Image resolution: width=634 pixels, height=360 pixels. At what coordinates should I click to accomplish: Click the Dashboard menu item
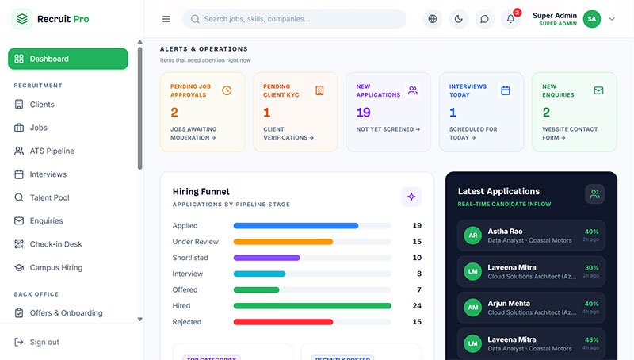(68, 59)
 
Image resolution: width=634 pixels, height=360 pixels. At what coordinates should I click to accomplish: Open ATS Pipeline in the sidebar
(44, 151)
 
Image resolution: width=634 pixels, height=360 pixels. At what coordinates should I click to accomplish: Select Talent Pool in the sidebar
(42, 197)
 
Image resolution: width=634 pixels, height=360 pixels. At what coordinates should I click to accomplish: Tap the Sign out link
(36, 342)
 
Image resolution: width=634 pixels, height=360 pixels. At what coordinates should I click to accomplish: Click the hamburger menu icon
(166, 19)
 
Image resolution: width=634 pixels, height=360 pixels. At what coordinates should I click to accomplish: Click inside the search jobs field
(294, 19)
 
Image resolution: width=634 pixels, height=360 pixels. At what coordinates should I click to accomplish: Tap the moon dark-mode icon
(459, 19)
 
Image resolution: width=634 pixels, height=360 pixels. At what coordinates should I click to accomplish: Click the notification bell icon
(510, 19)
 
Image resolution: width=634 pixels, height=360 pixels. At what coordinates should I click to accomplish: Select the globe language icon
(433, 19)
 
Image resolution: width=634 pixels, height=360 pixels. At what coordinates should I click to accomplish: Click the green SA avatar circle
(592, 19)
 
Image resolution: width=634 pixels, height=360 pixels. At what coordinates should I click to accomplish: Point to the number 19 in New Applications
(364, 113)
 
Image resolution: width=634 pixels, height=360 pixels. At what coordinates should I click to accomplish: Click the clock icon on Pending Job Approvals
(227, 90)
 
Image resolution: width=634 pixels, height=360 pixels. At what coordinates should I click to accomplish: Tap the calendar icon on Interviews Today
(506, 90)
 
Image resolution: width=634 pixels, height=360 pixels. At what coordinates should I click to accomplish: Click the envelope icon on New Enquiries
(598, 90)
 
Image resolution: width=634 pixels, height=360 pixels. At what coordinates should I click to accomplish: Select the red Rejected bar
(283, 322)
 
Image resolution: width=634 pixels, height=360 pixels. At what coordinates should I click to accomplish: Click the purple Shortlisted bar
(266, 258)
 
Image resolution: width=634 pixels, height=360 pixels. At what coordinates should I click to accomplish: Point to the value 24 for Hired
(417, 306)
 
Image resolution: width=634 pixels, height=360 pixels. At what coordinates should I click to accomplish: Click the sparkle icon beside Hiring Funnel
(411, 197)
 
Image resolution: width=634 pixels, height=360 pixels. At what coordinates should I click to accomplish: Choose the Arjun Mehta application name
(509, 304)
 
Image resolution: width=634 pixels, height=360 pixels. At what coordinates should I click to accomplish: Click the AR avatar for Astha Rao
(472, 236)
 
